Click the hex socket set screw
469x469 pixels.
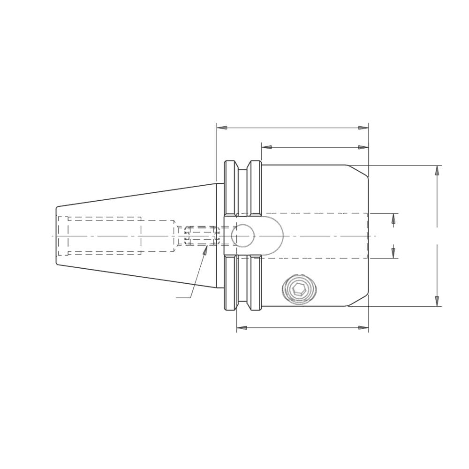[299, 289]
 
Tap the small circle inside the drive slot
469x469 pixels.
[242, 235]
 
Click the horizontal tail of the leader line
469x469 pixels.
[183, 298]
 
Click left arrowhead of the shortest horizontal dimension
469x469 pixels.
[266, 147]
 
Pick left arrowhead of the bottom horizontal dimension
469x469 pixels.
[241, 328]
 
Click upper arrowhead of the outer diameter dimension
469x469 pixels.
[437, 170]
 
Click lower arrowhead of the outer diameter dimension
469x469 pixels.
[437, 301]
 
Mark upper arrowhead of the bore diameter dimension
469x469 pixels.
[393, 218]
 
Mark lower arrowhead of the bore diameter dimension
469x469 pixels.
[393, 253]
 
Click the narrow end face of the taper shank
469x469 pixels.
[56, 235]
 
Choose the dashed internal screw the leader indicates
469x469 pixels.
[202, 236]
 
